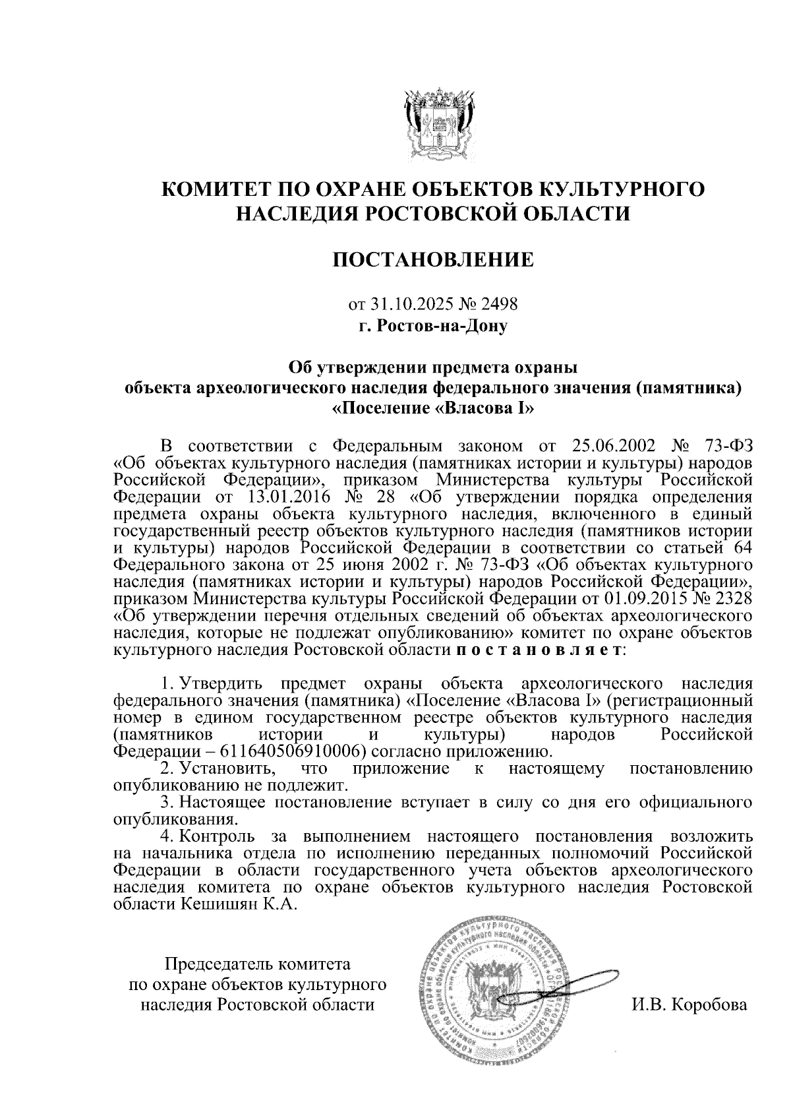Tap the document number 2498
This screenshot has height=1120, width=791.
click(x=500, y=305)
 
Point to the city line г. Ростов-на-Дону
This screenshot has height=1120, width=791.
click(x=433, y=325)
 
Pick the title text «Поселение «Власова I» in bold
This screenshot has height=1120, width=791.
click(x=433, y=408)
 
